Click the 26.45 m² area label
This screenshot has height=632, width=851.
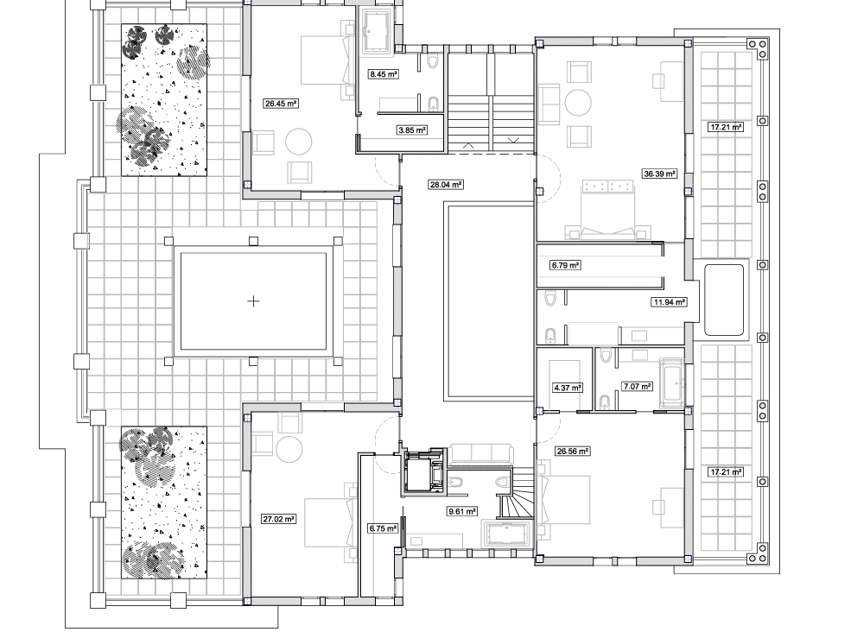click(281, 103)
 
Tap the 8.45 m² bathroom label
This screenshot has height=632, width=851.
click(384, 73)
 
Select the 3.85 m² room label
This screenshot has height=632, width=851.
click(412, 130)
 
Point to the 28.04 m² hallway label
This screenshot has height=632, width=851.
click(446, 185)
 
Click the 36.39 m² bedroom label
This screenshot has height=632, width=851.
click(659, 174)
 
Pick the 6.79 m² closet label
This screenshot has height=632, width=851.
click(566, 265)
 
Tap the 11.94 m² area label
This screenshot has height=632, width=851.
click(670, 301)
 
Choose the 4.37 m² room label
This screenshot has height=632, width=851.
click(567, 388)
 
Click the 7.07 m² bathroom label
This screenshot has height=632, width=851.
click(637, 386)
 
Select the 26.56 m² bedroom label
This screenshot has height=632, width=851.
click(573, 451)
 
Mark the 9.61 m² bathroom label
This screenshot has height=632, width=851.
click(462, 511)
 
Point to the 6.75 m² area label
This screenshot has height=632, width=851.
click(384, 528)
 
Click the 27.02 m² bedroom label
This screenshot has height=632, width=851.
click(279, 519)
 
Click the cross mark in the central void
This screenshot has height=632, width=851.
click(253, 301)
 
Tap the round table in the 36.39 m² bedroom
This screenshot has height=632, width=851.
click(579, 103)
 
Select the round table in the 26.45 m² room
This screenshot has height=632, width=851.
click(299, 142)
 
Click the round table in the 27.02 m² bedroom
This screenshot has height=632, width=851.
click(289, 449)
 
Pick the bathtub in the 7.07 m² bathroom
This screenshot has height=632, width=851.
click(672, 383)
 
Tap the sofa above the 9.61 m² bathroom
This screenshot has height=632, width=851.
click(480, 454)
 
